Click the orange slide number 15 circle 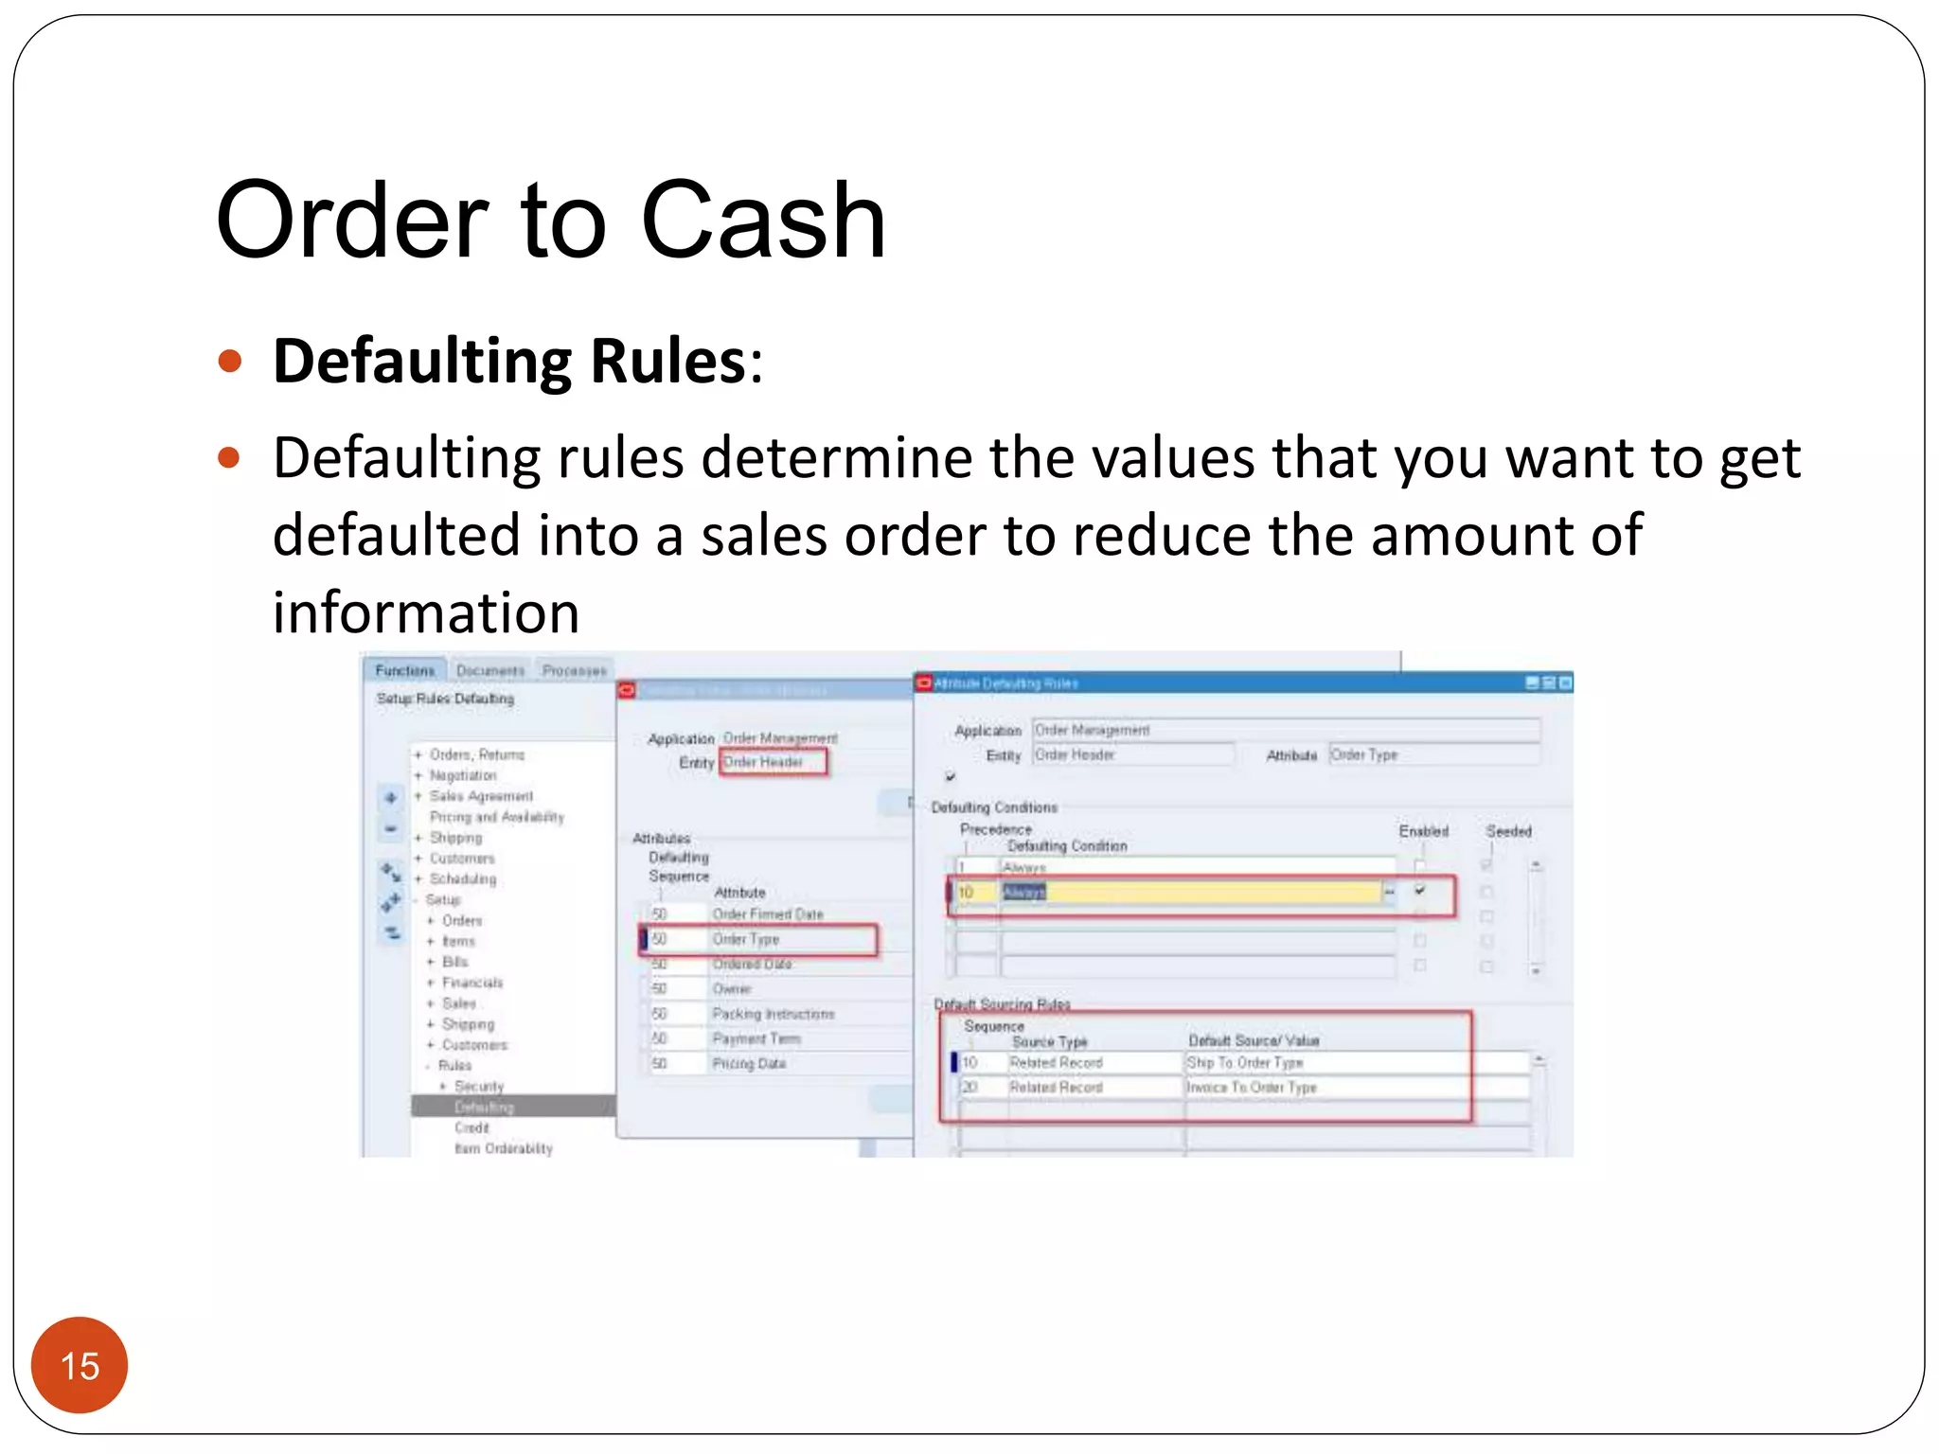80,1365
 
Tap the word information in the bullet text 426,612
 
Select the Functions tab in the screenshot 404,670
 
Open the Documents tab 489,670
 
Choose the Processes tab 574,670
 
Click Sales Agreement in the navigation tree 481,796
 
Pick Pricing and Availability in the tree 496,817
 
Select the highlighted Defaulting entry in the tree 484,1107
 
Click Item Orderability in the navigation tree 503,1148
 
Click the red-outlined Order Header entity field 772,762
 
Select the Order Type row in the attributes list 746,939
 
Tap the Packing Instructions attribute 774,1014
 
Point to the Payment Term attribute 756,1038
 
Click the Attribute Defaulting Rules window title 1005,683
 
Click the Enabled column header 1423,831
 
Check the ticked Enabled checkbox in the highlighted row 1420,891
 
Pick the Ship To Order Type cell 1245,1063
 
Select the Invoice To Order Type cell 1252,1088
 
